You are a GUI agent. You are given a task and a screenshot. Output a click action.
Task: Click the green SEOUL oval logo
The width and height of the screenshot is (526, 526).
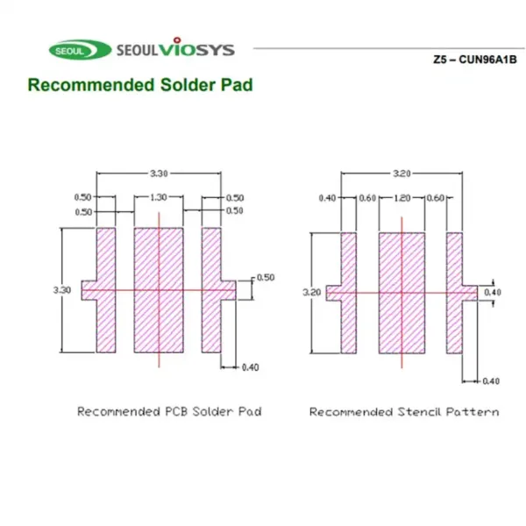point(80,50)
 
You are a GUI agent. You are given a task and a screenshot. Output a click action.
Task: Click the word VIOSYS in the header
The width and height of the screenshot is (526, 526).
point(196,47)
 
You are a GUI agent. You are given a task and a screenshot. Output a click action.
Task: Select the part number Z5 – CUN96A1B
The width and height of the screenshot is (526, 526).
point(474,60)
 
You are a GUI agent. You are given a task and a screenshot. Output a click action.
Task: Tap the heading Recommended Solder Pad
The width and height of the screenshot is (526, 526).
point(140,84)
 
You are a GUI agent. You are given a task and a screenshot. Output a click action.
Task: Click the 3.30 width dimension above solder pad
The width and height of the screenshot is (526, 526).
point(159,174)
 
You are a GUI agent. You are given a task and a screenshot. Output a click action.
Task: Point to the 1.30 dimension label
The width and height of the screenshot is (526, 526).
point(159,197)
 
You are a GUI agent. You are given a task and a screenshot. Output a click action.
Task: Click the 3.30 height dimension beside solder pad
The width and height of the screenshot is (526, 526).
point(62,290)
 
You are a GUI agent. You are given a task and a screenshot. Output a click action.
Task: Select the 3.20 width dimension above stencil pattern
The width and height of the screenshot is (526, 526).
point(402,174)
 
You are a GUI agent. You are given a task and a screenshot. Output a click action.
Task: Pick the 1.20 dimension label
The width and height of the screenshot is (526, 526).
point(402,198)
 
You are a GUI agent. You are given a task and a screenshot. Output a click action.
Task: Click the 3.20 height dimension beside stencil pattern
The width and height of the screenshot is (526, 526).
point(312,293)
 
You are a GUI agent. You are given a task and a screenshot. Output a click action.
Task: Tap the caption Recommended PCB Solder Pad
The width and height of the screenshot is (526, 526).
point(169,412)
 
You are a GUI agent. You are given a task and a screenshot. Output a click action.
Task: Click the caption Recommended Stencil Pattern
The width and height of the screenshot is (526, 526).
point(404,412)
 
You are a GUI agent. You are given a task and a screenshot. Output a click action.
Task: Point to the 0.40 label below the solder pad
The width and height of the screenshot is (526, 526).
point(250,367)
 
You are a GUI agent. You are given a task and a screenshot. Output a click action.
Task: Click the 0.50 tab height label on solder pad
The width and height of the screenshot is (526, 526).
point(266,278)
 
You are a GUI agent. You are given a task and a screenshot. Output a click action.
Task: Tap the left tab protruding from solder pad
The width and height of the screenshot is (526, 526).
point(89,290)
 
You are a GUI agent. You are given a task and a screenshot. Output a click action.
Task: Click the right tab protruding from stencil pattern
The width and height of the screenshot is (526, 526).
point(470,293)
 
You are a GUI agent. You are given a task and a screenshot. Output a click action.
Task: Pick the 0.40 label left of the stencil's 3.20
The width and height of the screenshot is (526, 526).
point(327,198)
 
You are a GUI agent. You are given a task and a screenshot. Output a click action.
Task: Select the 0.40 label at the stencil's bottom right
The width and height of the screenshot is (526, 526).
point(491,381)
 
